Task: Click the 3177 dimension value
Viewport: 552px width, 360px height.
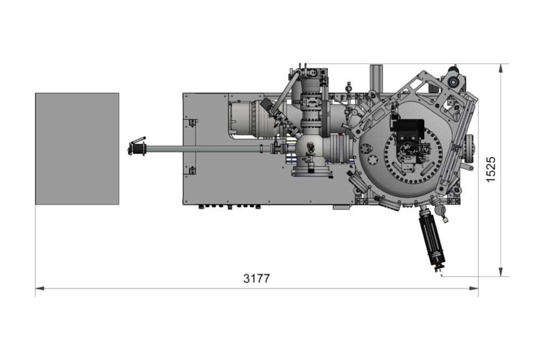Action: click(257, 279)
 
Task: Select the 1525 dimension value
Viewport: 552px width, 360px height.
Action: click(491, 170)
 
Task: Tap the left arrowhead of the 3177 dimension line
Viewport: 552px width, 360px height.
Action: click(40, 288)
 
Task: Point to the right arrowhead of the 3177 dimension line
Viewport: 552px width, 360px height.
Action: click(474, 288)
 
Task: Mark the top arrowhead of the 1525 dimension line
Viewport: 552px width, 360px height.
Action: click(501, 68)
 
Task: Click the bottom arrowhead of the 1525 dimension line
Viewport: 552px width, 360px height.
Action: click(501, 272)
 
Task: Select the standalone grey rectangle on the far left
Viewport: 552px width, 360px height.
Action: click(77, 149)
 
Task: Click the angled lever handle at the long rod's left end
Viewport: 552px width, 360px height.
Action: click(137, 146)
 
